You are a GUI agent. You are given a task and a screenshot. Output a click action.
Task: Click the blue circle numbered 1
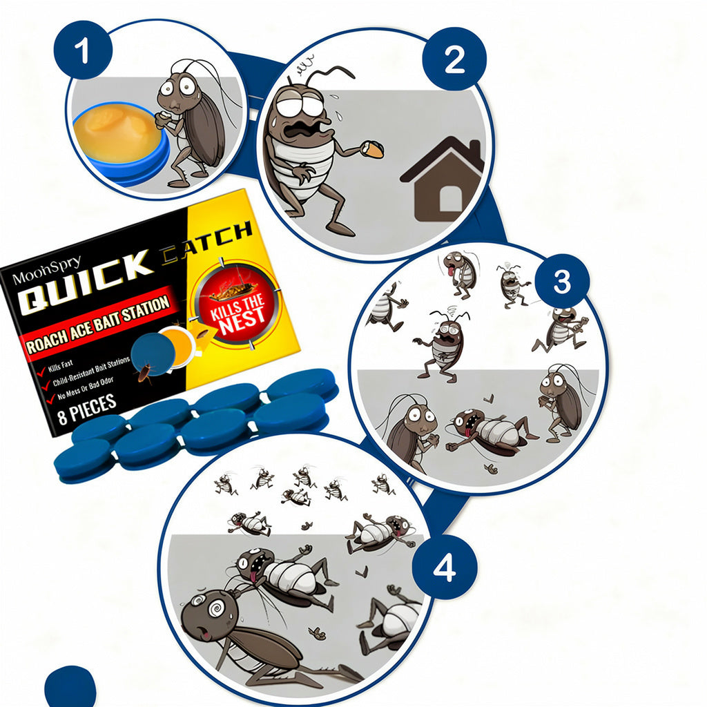point(82,51)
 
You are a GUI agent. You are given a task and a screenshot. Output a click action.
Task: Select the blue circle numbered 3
point(562,281)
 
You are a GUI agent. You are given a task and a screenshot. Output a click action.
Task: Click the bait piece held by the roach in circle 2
point(373,148)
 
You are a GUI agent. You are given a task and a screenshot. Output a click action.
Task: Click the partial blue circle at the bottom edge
point(70,688)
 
